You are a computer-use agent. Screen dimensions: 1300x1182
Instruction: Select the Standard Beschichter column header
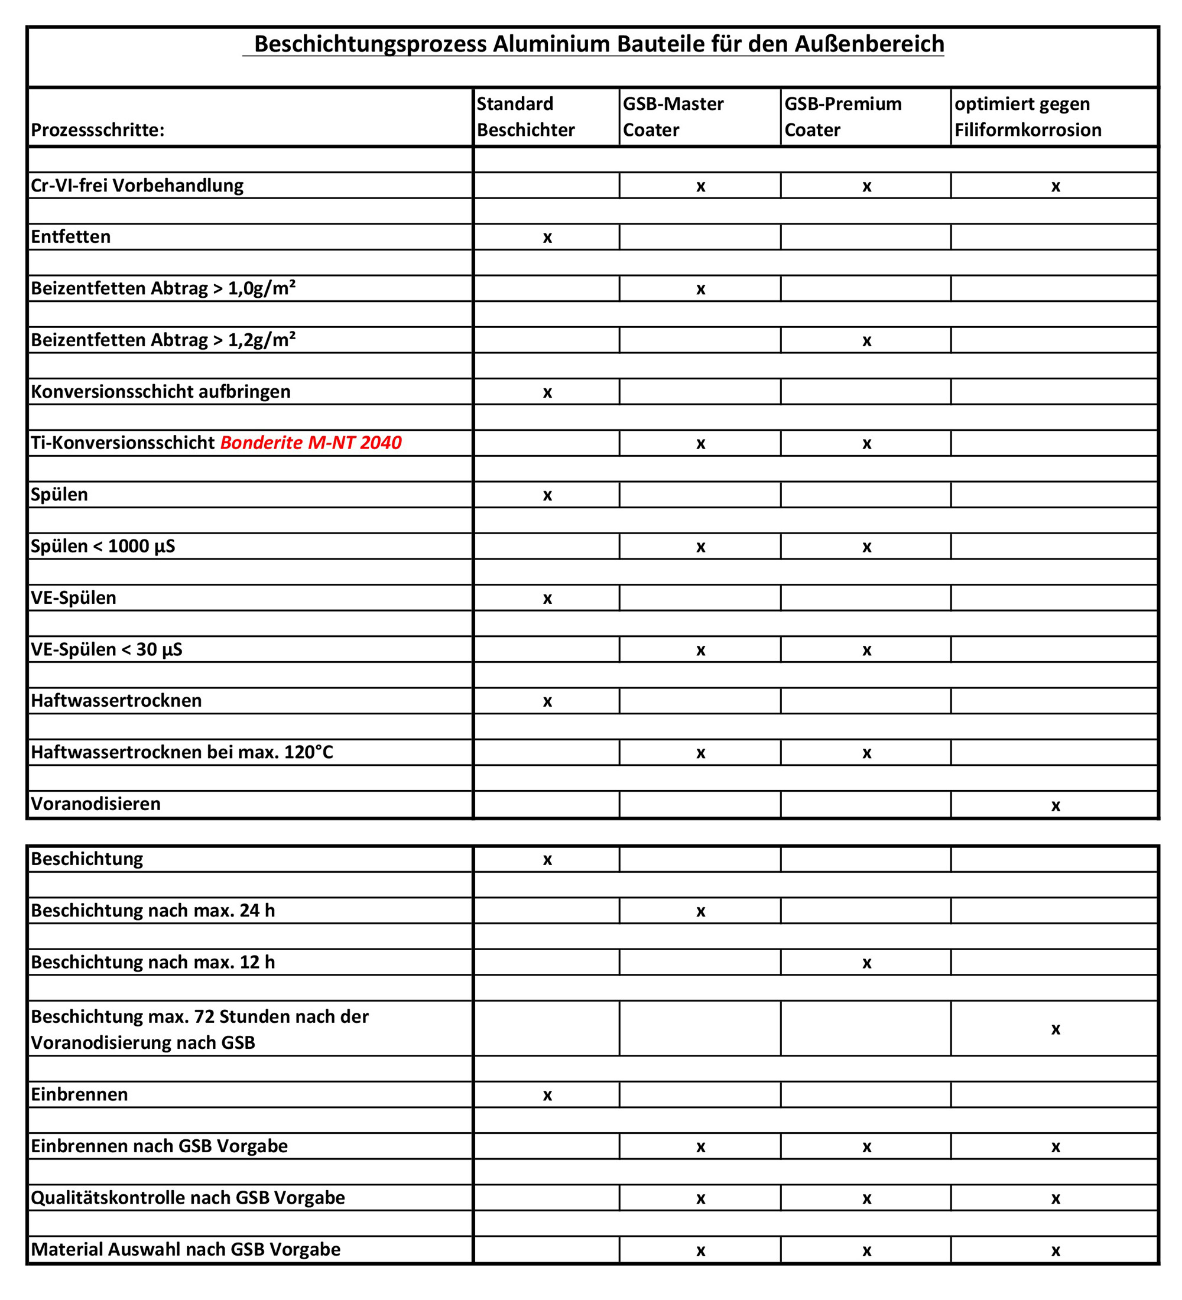pyautogui.click(x=525, y=117)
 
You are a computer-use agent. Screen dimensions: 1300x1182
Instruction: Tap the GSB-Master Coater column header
pyautogui.click(x=673, y=117)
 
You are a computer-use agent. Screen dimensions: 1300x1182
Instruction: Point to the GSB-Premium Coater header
pyautogui.click(x=842, y=117)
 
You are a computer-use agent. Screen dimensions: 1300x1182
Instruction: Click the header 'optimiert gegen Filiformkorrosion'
pyautogui.click(x=1027, y=117)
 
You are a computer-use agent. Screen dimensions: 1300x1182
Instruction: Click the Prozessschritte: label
pyautogui.click(x=98, y=130)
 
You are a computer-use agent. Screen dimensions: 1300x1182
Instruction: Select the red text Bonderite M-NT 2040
pyautogui.click(x=311, y=443)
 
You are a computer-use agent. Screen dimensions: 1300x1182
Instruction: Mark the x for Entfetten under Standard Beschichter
pyautogui.click(x=547, y=238)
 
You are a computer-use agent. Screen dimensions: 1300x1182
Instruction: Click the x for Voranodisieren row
pyautogui.click(x=1055, y=805)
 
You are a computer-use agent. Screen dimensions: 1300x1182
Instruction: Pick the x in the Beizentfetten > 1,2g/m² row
pyautogui.click(x=866, y=341)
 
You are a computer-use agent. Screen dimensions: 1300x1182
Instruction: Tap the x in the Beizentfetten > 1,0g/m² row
pyautogui.click(x=700, y=290)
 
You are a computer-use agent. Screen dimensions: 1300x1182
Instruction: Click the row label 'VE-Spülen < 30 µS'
pyautogui.click(x=106, y=650)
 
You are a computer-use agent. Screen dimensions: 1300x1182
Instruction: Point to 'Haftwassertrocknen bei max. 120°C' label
pyautogui.click(x=182, y=753)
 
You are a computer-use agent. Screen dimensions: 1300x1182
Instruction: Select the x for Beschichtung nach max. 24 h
pyautogui.click(x=700, y=912)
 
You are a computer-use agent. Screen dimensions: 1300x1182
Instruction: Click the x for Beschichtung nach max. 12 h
pyautogui.click(x=866, y=963)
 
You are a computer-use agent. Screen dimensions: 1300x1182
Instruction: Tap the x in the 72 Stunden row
pyautogui.click(x=1055, y=1030)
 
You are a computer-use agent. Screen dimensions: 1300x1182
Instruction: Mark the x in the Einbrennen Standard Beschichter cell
pyautogui.click(x=547, y=1096)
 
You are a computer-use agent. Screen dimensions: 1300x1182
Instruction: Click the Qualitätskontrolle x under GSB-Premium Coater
pyautogui.click(x=866, y=1199)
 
